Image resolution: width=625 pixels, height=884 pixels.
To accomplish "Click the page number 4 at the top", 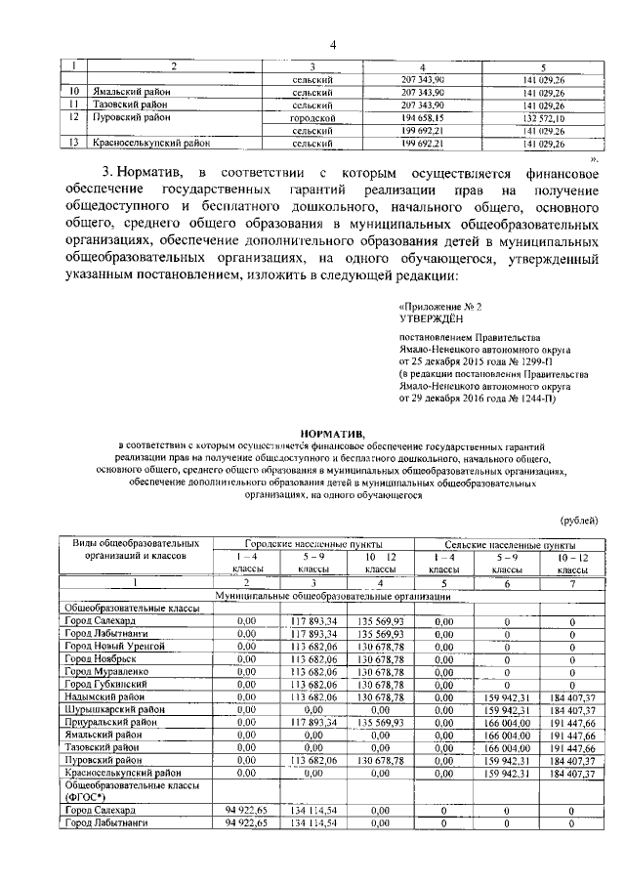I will [332, 44].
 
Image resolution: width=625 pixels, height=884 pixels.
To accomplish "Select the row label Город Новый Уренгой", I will [115, 646].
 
